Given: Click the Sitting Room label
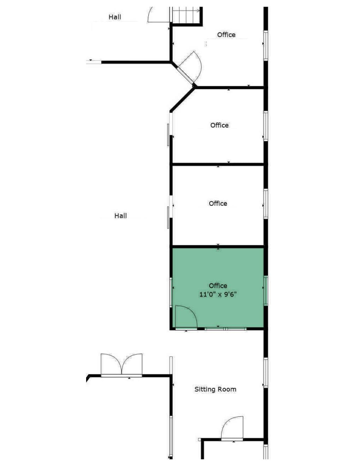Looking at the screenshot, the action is [215, 389].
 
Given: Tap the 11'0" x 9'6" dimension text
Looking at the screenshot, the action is [218, 294].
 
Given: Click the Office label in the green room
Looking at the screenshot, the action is [218, 286].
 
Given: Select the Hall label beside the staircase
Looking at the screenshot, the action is [115, 17].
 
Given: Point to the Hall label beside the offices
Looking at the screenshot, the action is [120, 216].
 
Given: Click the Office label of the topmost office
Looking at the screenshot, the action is [226, 35].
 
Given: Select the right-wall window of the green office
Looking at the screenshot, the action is [266, 291].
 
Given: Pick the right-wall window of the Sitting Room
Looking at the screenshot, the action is [266, 373].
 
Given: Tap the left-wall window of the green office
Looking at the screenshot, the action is [171, 292].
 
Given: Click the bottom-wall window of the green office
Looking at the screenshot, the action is [226, 329].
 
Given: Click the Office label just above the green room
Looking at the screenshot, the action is [218, 203].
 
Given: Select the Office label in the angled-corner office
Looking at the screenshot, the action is [219, 125].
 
